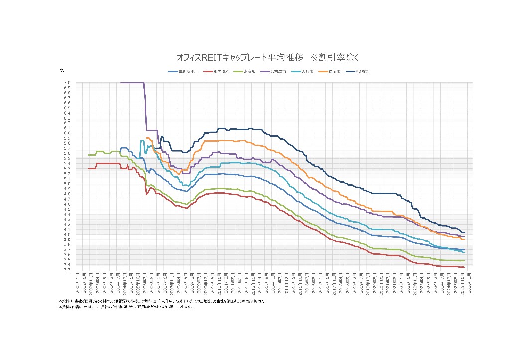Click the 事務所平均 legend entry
185,72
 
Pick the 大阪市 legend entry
304,72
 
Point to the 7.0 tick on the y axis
67,82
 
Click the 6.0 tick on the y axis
67,133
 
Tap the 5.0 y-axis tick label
67,184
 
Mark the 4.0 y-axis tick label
67,235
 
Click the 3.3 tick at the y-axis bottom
67,270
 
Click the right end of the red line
464,267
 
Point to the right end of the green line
464,261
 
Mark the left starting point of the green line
88,155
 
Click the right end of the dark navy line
464,232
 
